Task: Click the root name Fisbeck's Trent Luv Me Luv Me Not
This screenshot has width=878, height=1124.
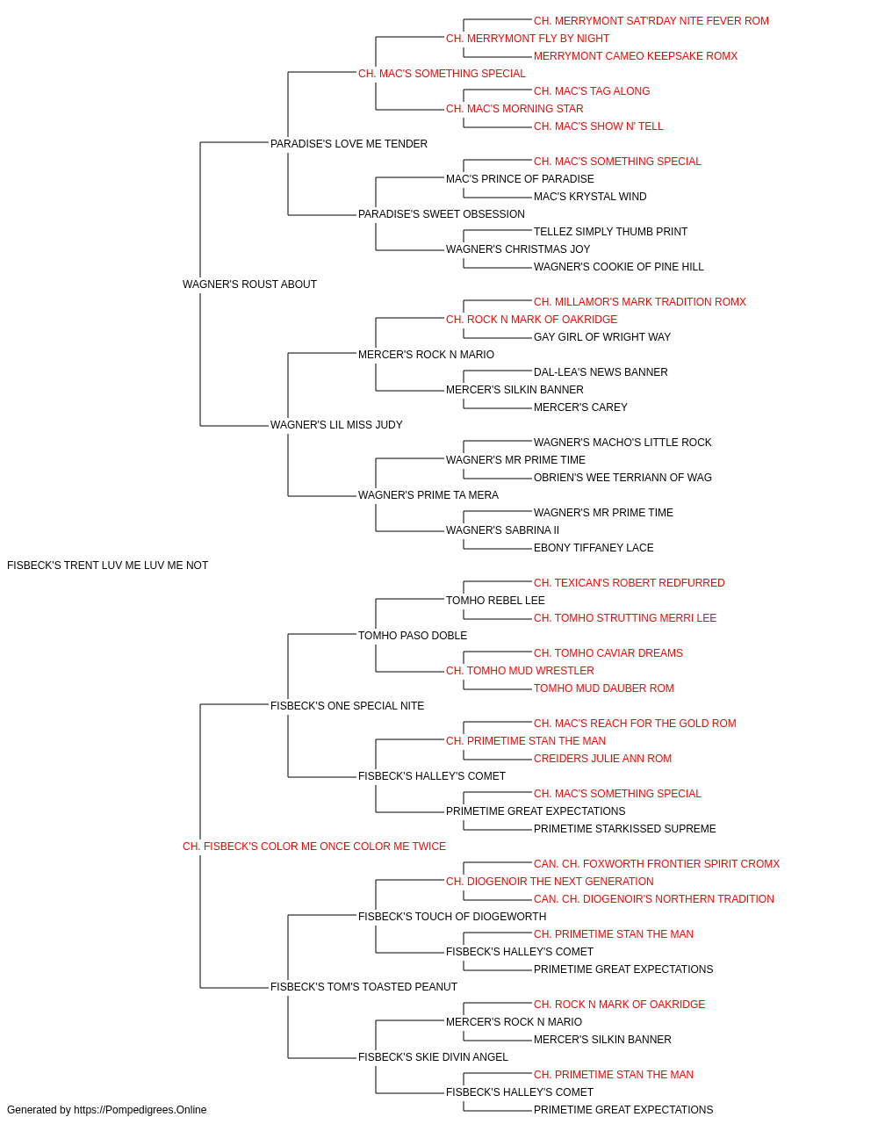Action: coord(107,566)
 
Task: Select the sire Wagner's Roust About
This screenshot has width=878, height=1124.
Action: coord(249,285)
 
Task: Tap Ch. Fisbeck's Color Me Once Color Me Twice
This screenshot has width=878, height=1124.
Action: coord(313,847)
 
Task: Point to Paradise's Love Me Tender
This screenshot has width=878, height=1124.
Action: coord(349,144)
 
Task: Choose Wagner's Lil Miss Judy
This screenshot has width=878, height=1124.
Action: coord(336,425)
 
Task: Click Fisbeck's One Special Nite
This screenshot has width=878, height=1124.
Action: coord(347,706)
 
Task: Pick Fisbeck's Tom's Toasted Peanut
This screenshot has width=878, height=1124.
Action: coord(363,987)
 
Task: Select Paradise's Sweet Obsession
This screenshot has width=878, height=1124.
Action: coord(441,214)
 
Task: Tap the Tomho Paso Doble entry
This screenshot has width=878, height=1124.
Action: coord(413,636)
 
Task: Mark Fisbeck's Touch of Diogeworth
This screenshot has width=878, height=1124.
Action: coord(452,917)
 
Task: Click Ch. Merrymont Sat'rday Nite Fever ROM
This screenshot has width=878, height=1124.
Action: coord(651,21)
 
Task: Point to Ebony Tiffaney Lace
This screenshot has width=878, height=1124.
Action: coord(594,548)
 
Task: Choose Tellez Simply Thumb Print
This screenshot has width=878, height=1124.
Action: coord(610,232)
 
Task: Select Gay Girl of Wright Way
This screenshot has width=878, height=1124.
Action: coord(602,337)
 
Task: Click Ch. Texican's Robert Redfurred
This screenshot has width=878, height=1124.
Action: coord(629,583)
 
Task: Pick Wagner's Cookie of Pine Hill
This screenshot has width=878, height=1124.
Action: coord(618,267)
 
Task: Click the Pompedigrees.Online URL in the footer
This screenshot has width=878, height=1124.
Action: coord(140,1110)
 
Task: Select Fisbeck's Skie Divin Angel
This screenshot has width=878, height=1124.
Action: coord(433,1057)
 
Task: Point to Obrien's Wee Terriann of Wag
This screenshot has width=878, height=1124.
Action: coord(623,478)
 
